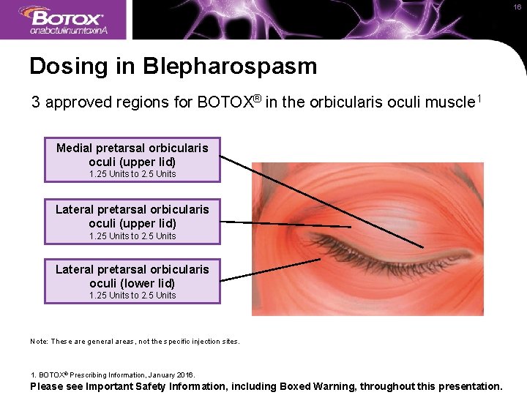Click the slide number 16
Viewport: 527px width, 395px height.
517,7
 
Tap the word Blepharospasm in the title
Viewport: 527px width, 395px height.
230,67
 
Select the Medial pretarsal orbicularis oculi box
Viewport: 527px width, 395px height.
132,159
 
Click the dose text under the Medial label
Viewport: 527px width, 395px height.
132,174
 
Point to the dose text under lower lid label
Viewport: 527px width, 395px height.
132,296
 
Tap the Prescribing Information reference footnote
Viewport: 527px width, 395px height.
113,375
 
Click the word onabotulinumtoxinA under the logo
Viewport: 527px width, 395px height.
69,31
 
